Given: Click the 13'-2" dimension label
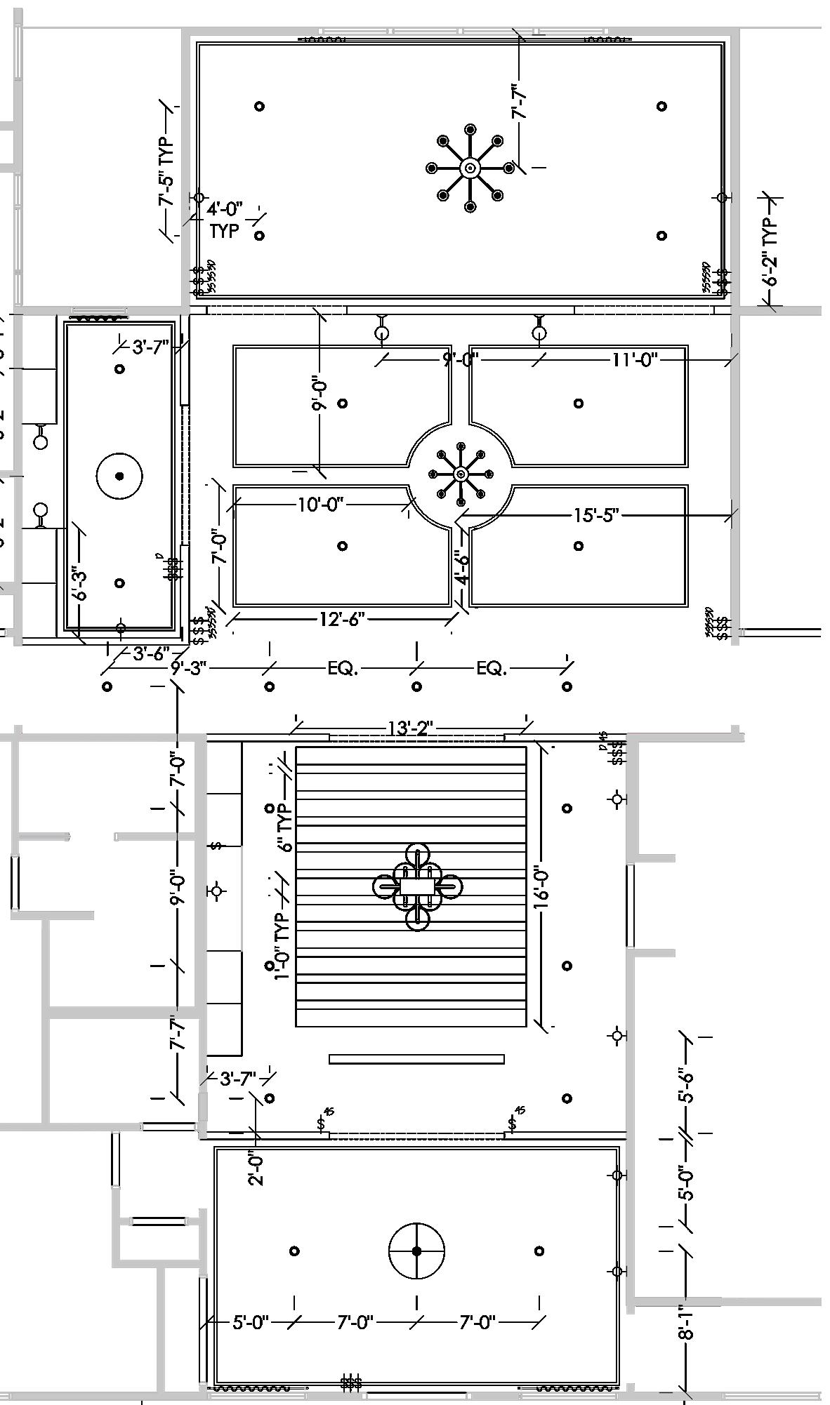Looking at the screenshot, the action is pos(411,728).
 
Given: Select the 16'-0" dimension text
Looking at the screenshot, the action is pos(541,888).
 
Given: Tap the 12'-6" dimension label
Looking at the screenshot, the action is pos(342,619).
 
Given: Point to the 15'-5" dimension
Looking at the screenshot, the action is pos(596,516).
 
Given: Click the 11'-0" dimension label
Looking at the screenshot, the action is pos(634,360).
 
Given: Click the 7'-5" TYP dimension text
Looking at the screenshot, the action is pos(166,171).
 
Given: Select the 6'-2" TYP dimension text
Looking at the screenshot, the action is pos(771,251).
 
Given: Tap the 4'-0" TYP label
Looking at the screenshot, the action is pos(225,220).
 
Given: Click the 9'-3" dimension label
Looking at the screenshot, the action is pos(188,668).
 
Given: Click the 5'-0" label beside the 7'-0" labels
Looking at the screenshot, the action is pos(251,1323).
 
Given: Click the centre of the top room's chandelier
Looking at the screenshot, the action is pos(470,168).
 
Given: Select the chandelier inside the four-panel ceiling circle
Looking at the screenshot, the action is pos(461,474).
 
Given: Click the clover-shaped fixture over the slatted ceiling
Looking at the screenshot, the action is pos(417,887).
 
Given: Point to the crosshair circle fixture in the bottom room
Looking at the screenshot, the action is pos(416,1251).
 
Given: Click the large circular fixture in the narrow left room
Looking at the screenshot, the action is pos(119,476).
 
